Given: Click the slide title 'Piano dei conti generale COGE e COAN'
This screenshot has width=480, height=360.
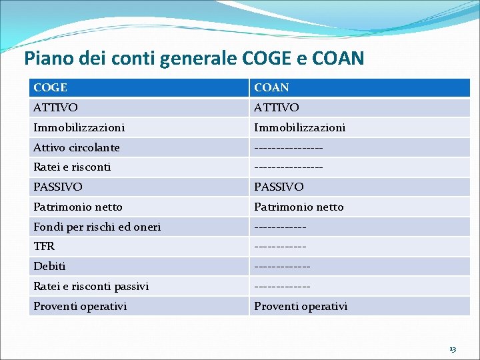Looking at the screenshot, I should [194, 58].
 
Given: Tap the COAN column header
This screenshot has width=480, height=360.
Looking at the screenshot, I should [271, 87].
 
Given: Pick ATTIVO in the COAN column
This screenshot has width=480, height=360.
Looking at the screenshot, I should [277, 107].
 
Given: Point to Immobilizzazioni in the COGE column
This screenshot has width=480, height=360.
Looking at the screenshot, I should [79, 127].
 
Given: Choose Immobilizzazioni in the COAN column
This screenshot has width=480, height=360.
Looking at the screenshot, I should [299, 127].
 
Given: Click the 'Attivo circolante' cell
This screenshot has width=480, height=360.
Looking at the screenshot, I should [77, 147].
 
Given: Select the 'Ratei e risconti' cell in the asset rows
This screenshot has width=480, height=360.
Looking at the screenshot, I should [72, 167].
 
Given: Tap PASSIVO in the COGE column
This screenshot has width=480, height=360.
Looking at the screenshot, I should [59, 187].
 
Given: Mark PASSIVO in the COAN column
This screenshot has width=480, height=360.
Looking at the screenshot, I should [279, 187].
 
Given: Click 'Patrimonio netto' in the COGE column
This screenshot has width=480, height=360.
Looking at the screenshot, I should [78, 207].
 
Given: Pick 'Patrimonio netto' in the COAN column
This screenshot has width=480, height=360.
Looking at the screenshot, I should [299, 207].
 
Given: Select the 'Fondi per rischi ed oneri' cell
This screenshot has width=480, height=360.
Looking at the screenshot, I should [97, 227].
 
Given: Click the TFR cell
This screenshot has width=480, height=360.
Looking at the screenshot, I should [44, 247].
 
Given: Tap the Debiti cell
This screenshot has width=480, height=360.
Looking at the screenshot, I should [50, 267].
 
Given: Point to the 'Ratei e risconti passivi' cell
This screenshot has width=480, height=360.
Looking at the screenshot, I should [91, 287].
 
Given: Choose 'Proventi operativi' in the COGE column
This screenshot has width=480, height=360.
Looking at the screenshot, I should [80, 307].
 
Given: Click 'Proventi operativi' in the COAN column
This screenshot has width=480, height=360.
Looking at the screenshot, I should [301, 307].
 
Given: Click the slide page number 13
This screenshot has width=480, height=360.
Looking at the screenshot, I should [453, 349].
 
